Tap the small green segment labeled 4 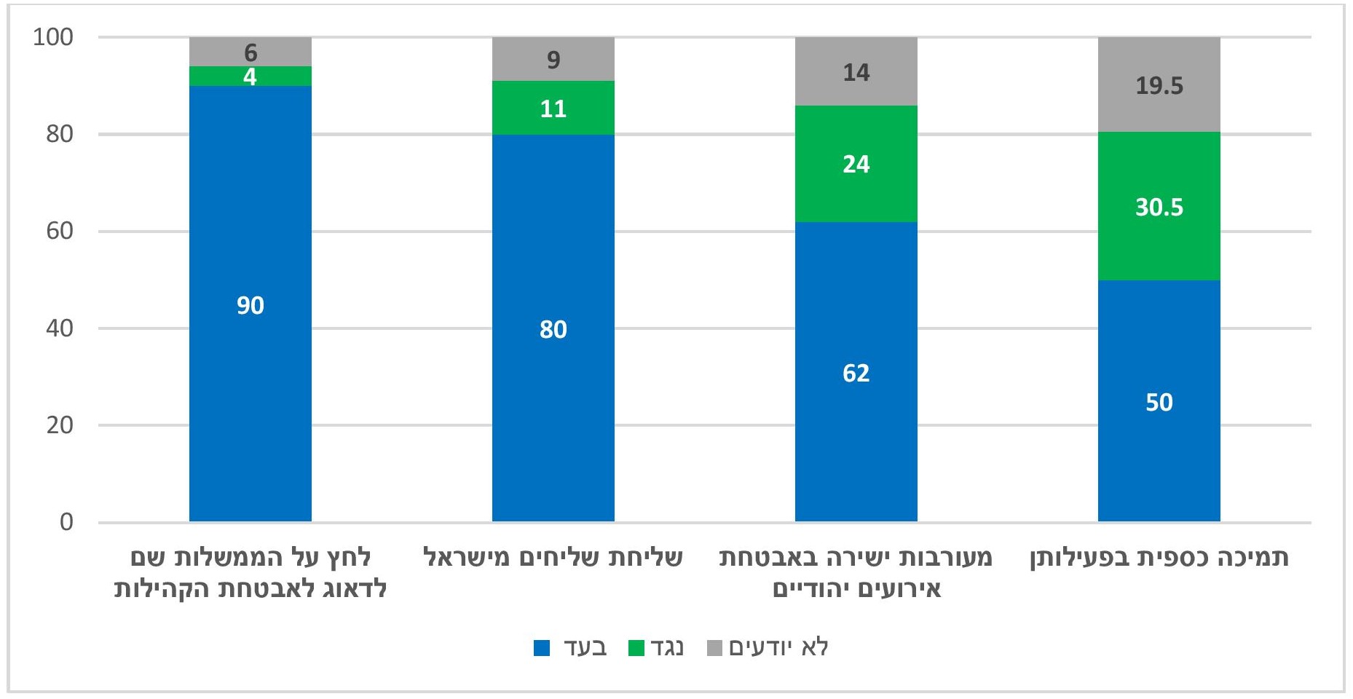tap(250, 76)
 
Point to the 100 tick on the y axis tap(53, 37)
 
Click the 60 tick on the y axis tap(60, 232)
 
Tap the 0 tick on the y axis tap(66, 522)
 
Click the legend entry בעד tap(572, 647)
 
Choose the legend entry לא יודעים tap(769, 647)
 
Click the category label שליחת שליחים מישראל tap(553, 558)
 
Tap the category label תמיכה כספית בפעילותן tap(1159, 558)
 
